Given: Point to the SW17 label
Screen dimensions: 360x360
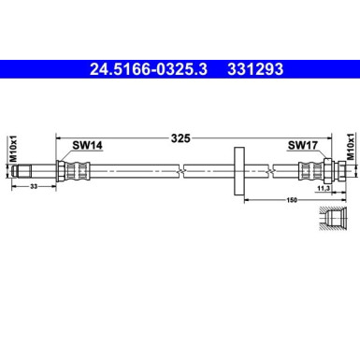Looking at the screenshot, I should [301, 146].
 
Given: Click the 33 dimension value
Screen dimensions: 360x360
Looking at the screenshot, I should [35, 187].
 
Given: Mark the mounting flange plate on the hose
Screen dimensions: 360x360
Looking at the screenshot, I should [239, 169].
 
